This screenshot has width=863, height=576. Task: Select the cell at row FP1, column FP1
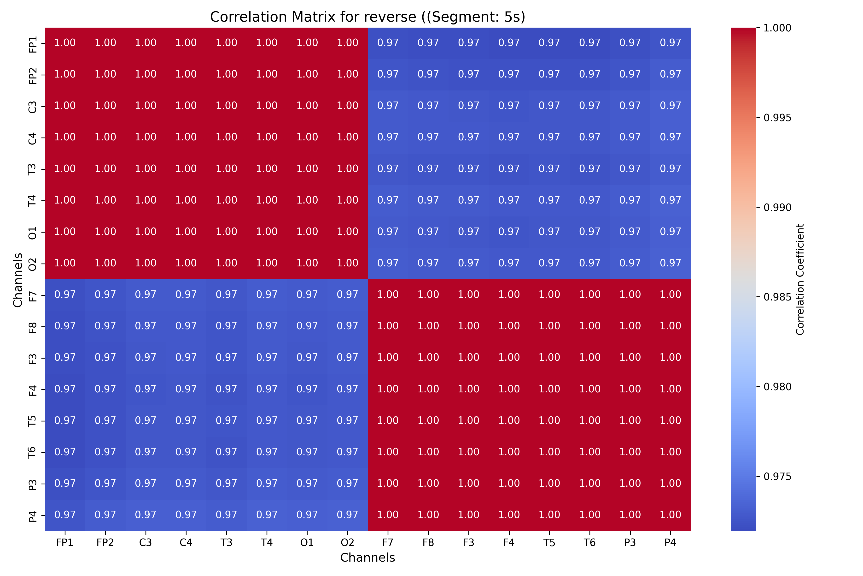click(x=65, y=43)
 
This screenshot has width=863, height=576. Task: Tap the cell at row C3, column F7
click(x=388, y=106)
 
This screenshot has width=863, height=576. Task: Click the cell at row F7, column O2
click(x=347, y=295)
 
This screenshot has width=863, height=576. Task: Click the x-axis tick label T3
click(x=226, y=543)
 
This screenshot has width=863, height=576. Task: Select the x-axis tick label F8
click(x=428, y=543)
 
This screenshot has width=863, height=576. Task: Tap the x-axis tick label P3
click(x=630, y=543)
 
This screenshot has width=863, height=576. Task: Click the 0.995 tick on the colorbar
click(x=777, y=118)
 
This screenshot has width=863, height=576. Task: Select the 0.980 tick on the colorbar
click(x=777, y=387)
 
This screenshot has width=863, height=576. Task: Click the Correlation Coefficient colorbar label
click(x=800, y=279)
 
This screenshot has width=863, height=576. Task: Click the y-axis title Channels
click(x=17, y=280)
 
